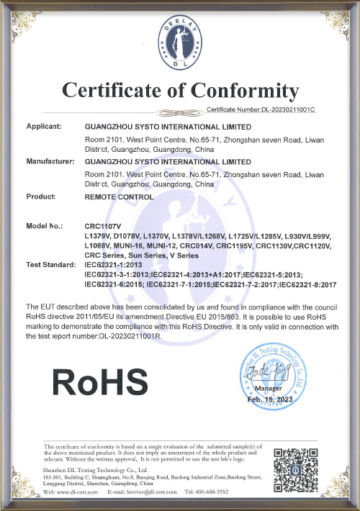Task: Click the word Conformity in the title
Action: click(245, 91)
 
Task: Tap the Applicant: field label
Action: click(48, 125)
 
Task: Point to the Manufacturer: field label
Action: click(51, 162)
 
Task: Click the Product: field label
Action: click(42, 196)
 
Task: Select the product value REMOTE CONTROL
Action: click(119, 196)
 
